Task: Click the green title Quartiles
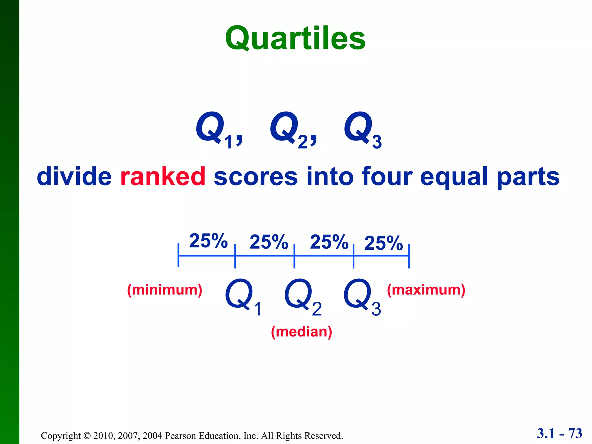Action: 295,38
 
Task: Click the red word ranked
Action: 163,176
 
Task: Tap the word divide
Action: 74,176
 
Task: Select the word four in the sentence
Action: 387,176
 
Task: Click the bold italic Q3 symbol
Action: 362,129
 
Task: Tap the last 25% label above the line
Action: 383,243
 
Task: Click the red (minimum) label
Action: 165,290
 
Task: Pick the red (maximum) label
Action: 426,290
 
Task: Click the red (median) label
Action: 301,332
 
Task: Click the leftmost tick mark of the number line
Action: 178,255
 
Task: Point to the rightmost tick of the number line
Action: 409,256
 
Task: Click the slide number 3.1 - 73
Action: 559,433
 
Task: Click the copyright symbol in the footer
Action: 87,436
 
